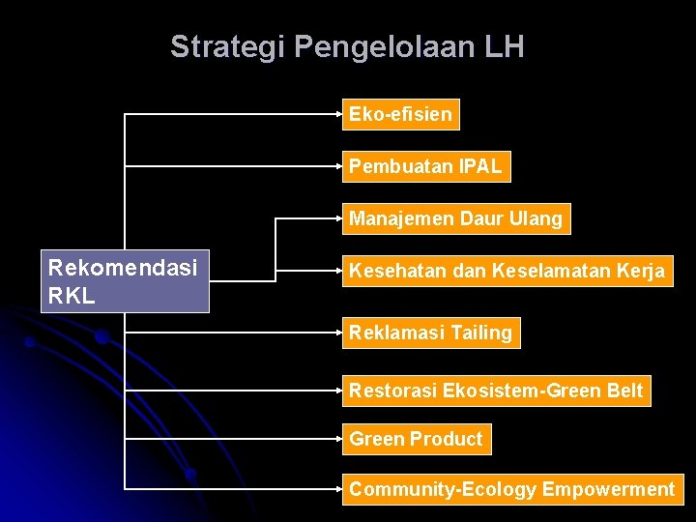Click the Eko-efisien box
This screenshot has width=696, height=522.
pos(400,114)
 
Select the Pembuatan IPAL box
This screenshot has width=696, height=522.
pos(425,166)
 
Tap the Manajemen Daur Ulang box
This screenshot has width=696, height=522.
pos(455,218)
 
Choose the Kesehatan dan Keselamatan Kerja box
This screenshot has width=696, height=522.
pos(507,271)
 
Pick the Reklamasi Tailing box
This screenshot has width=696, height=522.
pos(430,333)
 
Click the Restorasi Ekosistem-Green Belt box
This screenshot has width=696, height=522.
pos(496,391)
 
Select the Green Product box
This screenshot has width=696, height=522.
pos(416,439)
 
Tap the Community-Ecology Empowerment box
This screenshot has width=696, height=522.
pos(511,489)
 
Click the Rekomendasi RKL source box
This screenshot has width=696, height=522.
pos(125,281)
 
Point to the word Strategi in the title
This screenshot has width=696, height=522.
pos(228,46)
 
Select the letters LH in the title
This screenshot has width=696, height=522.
pos(506,46)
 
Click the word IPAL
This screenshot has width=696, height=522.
pos(480,166)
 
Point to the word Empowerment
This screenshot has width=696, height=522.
pos(608,489)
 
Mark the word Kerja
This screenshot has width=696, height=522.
pos(640,271)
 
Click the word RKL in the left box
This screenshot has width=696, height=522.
pos(72,296)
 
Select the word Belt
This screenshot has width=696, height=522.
pos(623,391)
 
